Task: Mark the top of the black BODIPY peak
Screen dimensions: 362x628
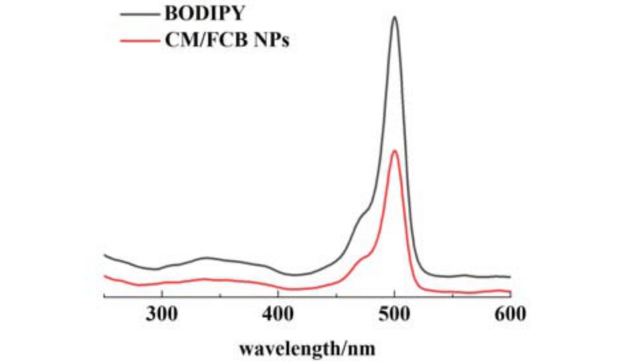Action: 395,17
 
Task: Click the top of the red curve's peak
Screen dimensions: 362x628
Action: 395,151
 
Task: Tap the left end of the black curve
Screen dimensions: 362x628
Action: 105,254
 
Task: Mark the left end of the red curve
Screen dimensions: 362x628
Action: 105,275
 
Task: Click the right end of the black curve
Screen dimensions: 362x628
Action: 510,276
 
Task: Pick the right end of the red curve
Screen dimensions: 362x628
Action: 510,291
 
